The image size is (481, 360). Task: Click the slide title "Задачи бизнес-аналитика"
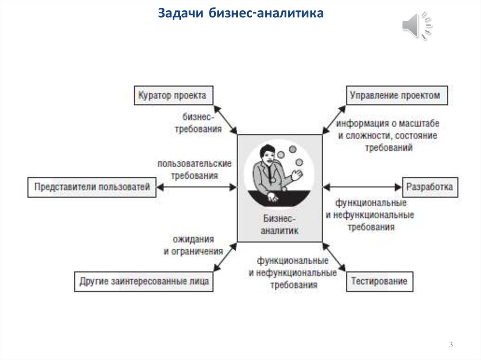click(240, 13)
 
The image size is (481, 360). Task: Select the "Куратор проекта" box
click(173, 95)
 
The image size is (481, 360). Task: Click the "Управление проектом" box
click(397, 95)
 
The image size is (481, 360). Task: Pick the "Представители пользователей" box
click(92, 187)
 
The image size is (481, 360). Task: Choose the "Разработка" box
click(430, 187)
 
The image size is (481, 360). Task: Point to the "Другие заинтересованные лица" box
click(144, 281)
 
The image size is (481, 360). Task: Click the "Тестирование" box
click(380, 281)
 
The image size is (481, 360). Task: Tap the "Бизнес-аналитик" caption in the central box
click(280, 224)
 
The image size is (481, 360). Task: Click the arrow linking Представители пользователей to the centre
click(196, 187)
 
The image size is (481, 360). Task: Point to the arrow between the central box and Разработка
click(362, 187)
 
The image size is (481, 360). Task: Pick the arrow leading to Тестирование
click(334, 257)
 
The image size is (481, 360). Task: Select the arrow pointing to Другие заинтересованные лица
click(225, 257)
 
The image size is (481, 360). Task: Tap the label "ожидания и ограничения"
click(193, 245)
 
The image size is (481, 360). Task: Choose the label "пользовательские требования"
click(194, 170)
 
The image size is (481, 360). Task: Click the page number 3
click(451, 345)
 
